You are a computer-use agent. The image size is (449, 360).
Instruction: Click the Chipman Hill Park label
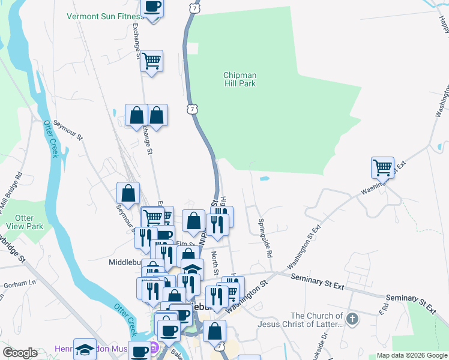click(240, 79)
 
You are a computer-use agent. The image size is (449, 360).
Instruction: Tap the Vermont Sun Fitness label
click(103, 16)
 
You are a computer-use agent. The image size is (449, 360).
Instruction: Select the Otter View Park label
click(29, 222)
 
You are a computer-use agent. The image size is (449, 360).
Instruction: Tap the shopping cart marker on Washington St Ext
click(382, 167)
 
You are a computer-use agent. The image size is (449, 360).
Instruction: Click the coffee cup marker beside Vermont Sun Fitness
click(151, 8)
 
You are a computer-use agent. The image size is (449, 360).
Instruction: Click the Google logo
click(21, 353)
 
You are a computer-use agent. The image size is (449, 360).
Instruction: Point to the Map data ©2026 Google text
click(411, 355)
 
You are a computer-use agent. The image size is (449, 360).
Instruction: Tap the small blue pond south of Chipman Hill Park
click(264, 178)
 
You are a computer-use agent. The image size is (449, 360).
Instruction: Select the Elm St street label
click(182, 243)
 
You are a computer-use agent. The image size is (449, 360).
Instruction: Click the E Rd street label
click(382, 308)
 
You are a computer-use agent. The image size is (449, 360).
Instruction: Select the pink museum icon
click(153, 347)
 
